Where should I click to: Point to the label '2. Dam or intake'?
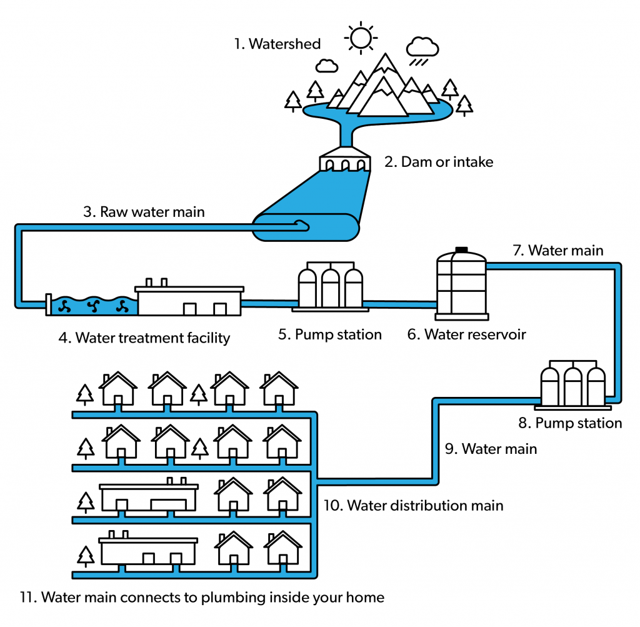pos(439,162)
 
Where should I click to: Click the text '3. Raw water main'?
pos(144,212)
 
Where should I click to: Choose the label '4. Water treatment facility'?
pos(144,338)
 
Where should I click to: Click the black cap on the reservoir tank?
pos(462,249)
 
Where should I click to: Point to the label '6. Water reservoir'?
pos(467,334)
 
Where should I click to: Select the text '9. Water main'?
pos(491,449)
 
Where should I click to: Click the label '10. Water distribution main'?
pos(413,505)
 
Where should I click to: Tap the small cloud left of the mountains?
pos(326,64)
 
